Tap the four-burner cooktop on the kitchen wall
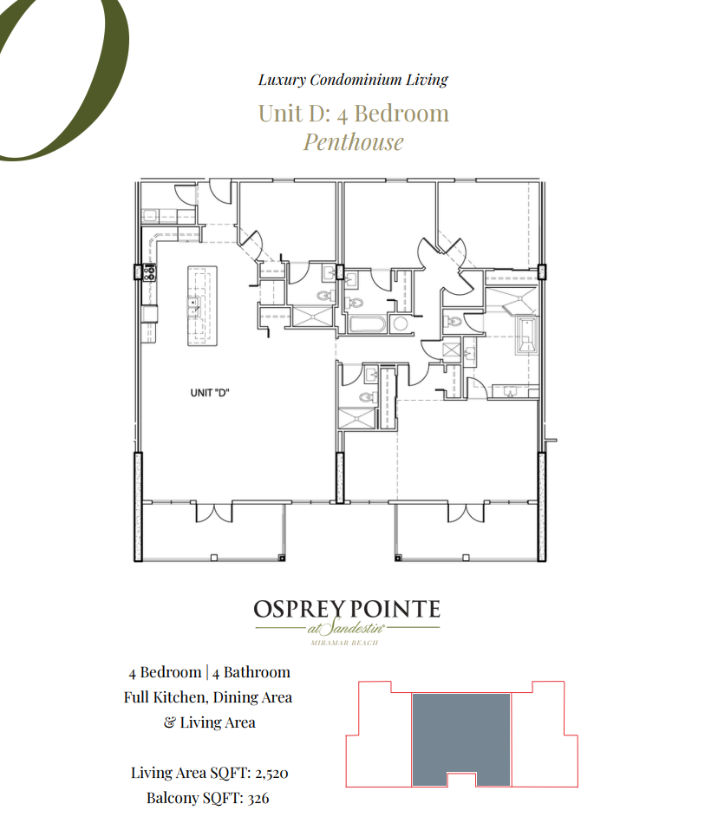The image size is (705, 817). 148,272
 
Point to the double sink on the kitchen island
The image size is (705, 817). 195,304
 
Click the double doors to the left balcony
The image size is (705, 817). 214,512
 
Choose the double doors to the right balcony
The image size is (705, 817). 465,512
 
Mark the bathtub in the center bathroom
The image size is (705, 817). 367,324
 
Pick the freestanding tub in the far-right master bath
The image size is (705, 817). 526,334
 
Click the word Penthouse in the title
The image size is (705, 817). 353,141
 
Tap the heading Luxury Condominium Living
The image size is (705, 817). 353,80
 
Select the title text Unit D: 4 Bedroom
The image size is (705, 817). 353,113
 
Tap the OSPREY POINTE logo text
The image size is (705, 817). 347,609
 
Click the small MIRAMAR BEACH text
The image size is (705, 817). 347,643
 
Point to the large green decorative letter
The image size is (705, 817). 61,78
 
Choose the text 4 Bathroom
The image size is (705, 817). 251,672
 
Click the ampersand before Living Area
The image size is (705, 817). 169,722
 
